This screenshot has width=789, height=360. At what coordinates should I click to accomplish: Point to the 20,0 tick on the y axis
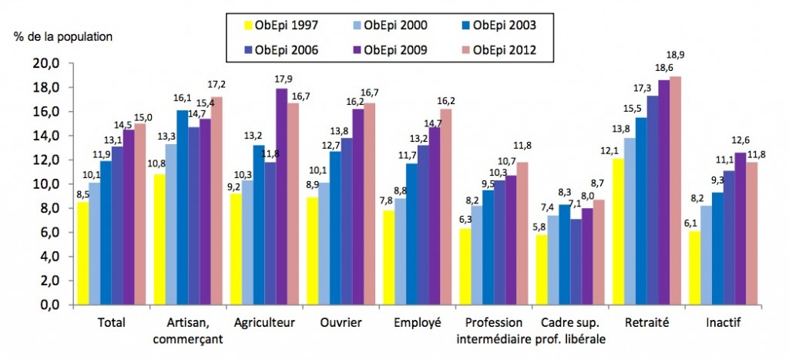45,64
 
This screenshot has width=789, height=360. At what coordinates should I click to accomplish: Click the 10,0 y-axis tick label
45,184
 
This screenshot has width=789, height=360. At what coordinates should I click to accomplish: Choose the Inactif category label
724,324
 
